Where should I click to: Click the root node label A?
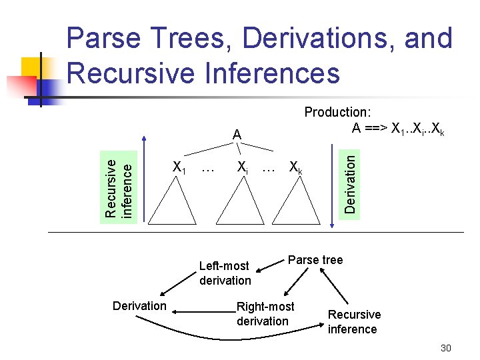237,135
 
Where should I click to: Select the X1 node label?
178,167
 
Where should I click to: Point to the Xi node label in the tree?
243,167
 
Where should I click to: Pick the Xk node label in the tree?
295,167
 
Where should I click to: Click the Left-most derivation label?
225,273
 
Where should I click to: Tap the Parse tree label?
315,260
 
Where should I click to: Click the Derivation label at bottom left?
139,306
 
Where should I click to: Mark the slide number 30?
446,349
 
